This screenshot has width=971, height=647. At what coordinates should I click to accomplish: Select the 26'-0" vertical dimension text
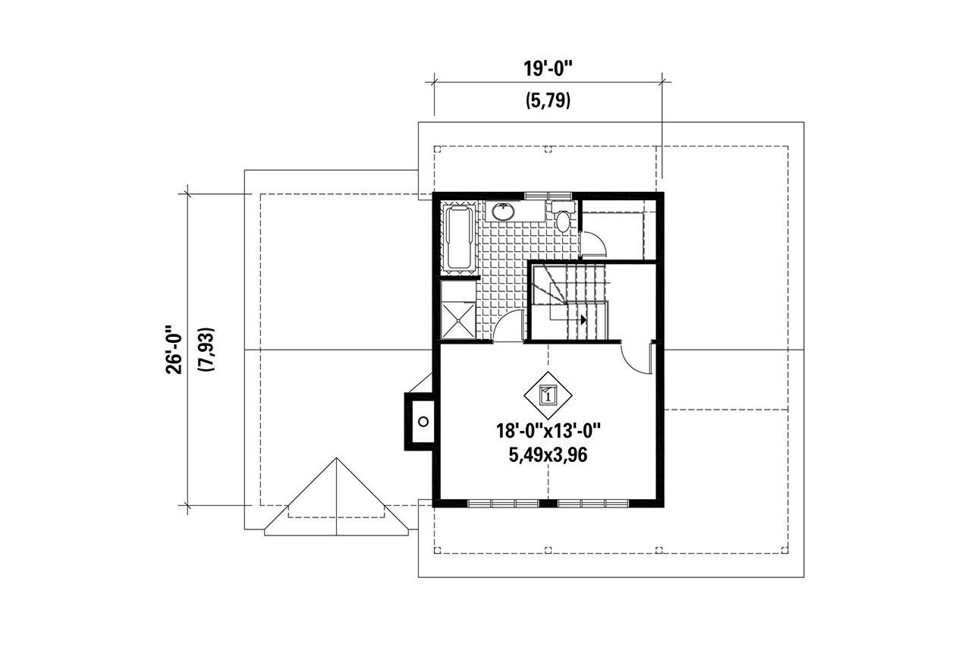tap(175, 350)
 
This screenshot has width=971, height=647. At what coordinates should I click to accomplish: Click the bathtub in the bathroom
tap(458, 238)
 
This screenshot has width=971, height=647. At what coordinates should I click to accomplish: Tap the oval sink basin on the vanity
tap(503, 212)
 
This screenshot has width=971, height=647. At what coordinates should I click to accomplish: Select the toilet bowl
tap(562, 221)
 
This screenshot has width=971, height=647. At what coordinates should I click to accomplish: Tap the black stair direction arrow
tap(583, 320)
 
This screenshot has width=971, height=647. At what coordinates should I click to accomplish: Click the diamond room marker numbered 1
tap(548, 394)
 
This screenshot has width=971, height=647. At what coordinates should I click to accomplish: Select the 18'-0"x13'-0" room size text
tap(548, 432)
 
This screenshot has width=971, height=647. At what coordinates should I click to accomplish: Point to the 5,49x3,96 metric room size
tap(548, 455)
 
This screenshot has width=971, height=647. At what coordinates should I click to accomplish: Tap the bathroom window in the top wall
tap(548, 196)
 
